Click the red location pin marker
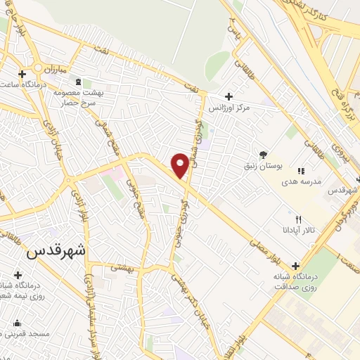coord(180,165)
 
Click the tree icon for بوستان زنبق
coord(264,155)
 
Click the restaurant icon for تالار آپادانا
coord(298,219)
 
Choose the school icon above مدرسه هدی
coord(302,170)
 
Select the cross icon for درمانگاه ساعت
coord(22,73)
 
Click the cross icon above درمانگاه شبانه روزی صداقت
coord(295,266)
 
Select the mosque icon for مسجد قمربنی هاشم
coord(17,323)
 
